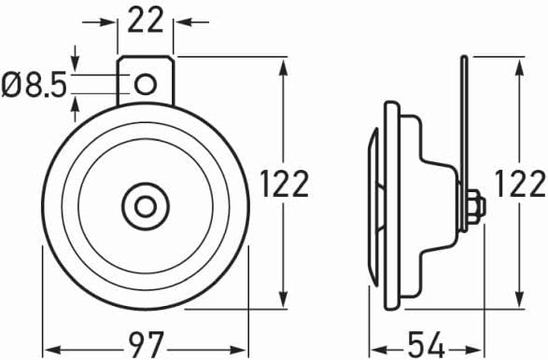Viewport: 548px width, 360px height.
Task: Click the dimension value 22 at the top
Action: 145,21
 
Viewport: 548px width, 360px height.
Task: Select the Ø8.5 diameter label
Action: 34,86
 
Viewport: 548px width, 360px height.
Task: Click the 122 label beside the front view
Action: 284,184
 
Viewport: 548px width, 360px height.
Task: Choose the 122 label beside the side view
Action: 520,184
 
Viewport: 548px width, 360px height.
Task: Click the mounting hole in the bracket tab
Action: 145,84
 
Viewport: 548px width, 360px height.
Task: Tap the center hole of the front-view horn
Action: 145,207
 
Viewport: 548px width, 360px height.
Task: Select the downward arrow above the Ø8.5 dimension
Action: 75,61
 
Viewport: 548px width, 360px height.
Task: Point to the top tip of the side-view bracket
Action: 464,58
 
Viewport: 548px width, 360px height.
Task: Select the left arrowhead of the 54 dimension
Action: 376,349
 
